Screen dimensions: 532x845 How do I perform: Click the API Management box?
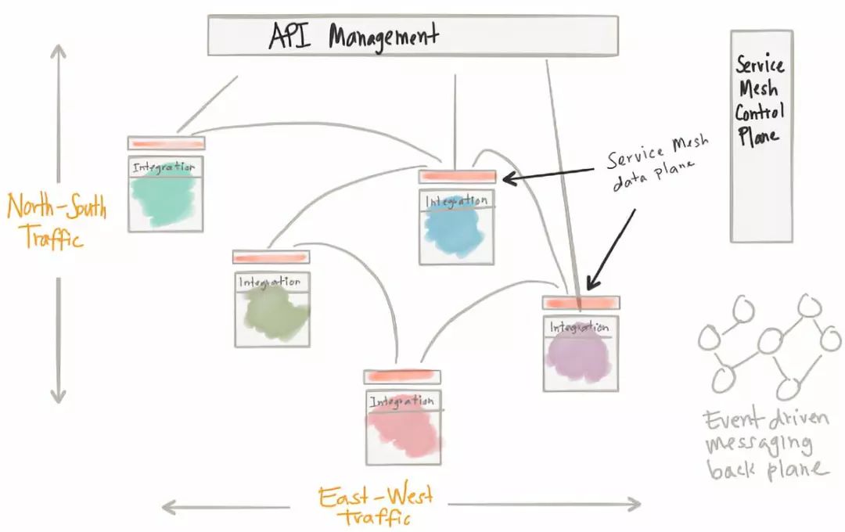point(412,36)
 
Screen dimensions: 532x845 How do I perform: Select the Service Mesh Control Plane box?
point(760,136)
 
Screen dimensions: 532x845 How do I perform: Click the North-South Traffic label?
point(56,221)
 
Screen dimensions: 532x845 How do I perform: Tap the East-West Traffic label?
point(376,506)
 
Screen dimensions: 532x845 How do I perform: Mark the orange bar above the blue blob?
point(457,177)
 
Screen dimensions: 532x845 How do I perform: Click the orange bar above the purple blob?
point(581,303)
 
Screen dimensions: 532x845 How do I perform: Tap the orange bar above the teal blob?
point(166,143)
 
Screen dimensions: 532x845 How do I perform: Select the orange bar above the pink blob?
point(402,376)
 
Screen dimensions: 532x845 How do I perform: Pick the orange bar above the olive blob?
point(271,257)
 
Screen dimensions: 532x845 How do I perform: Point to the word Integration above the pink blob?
point(401,401)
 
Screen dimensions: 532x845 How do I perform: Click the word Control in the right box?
point(759,112)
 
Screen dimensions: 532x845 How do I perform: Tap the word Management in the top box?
point(383,37)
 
